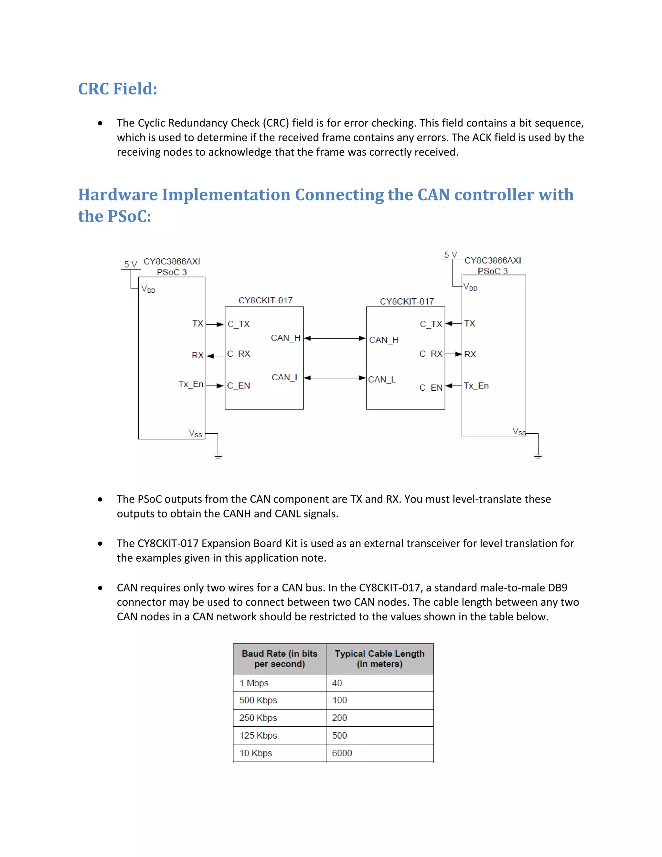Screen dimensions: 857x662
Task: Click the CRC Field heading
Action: point(118,89)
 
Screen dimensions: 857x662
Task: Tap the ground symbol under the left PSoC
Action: point(218,456)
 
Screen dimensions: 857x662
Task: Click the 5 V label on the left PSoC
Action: point(131,264)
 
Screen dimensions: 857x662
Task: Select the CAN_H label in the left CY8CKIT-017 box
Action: point(285,338)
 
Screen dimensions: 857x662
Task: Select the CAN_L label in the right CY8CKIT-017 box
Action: point(382,379)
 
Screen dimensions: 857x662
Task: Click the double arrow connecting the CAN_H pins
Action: point(335,338)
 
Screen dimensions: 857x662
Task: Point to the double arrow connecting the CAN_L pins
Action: point(335,378)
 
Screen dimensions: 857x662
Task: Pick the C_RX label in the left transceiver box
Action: point(239,354)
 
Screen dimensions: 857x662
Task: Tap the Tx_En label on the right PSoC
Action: point(476,386)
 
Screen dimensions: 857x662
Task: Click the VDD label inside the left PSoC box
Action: point(148,289)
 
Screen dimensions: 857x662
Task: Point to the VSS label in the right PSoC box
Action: point(519,432)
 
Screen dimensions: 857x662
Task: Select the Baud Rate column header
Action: point(280,659)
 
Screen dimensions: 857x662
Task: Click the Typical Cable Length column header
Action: point(379,659)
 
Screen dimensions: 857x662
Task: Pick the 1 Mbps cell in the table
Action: point(254,683)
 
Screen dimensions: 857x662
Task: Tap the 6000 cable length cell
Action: point(342,753)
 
